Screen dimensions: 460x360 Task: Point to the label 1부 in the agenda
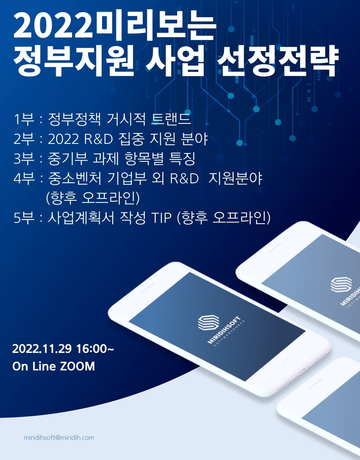(23, 120)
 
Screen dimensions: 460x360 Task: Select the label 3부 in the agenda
(23, 159)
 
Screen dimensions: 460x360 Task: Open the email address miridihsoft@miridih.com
(59, 438)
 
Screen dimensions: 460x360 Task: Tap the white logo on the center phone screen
(208, 322)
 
